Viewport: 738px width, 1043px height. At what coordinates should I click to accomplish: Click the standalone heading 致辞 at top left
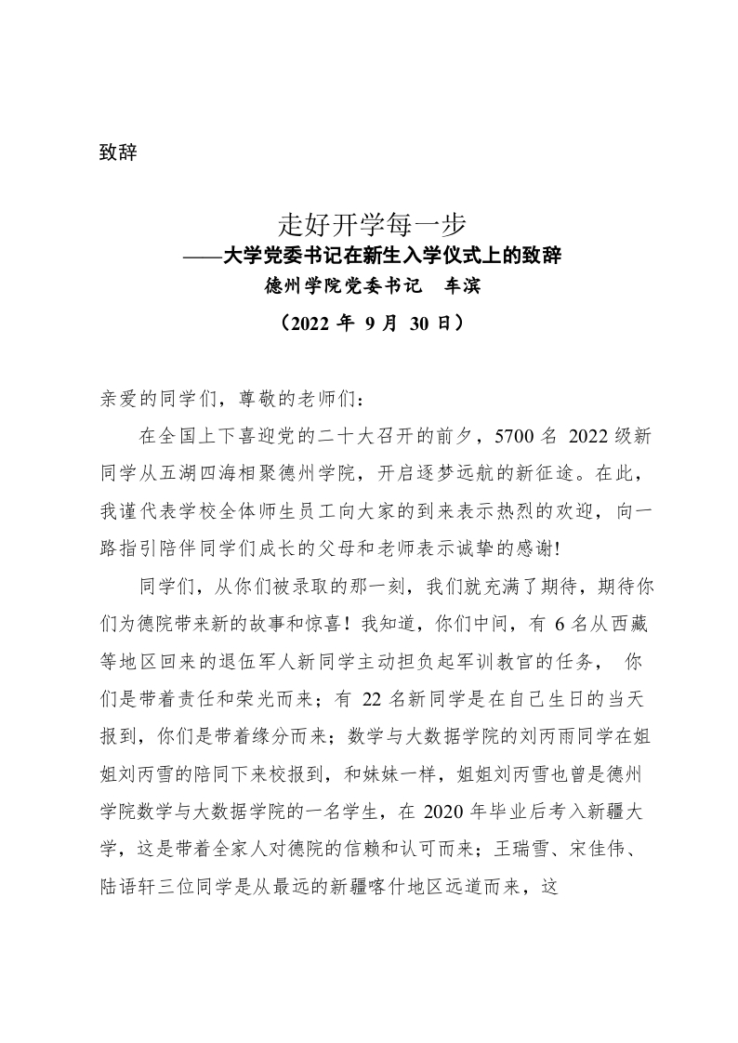118,152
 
